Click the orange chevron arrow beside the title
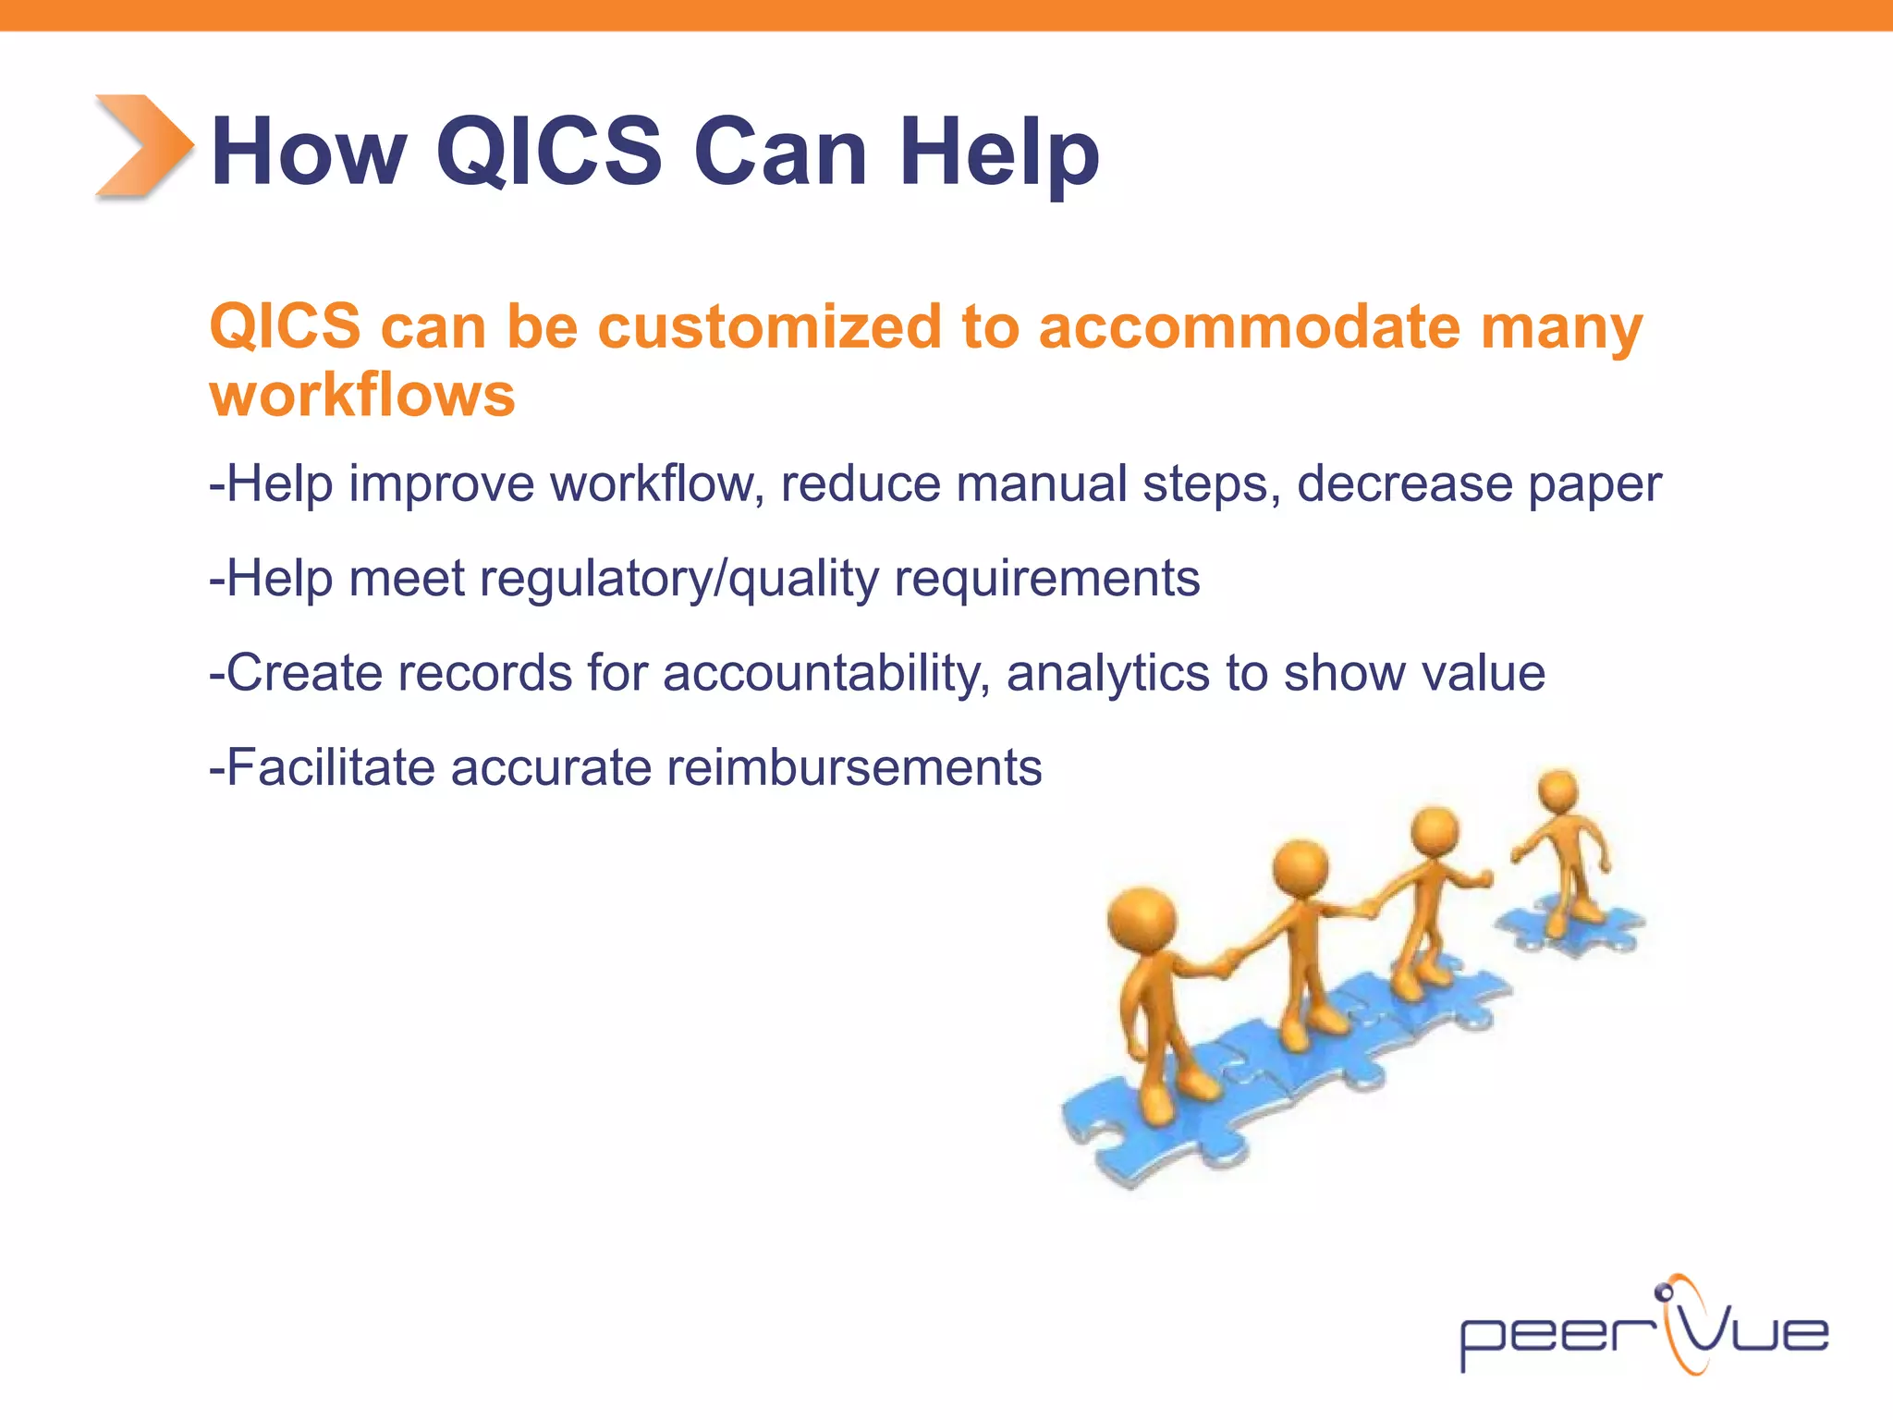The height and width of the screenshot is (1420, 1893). point(143,146)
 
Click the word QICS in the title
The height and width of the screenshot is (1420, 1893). point(549,152)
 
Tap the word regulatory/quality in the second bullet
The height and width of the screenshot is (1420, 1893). point(679,581)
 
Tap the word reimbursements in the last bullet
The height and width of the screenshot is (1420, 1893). point(853,767)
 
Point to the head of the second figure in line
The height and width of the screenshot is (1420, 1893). point(1301,869)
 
